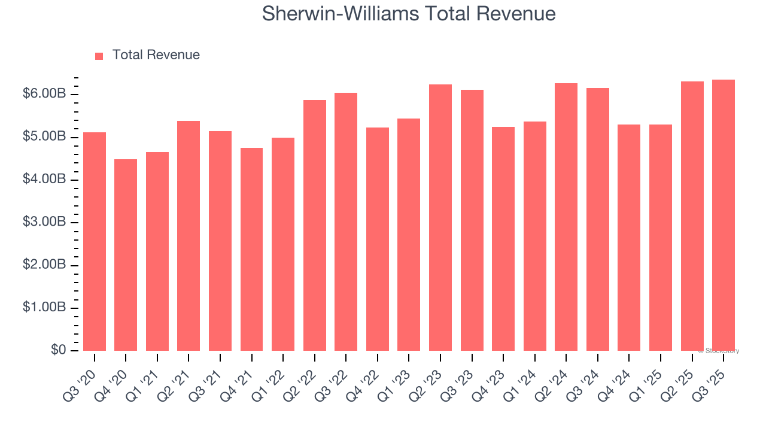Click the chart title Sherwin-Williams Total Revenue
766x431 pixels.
pos(409,14)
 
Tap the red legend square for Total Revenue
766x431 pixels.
pos(99,56)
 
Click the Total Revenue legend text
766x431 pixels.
pos(156,55)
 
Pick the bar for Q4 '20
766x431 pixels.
pos(126,254)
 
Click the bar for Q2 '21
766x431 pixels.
pos(189,236)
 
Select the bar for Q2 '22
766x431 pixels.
pos(315,225)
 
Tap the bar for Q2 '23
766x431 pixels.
pos(440,217)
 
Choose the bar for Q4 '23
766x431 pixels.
pos(503,239)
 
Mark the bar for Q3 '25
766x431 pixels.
pos(724,215)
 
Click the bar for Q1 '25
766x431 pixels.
pos(661,238)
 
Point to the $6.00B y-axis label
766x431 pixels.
pos(44,94)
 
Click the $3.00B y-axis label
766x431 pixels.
pos(44,222)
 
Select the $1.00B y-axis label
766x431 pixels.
pos(44,308)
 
